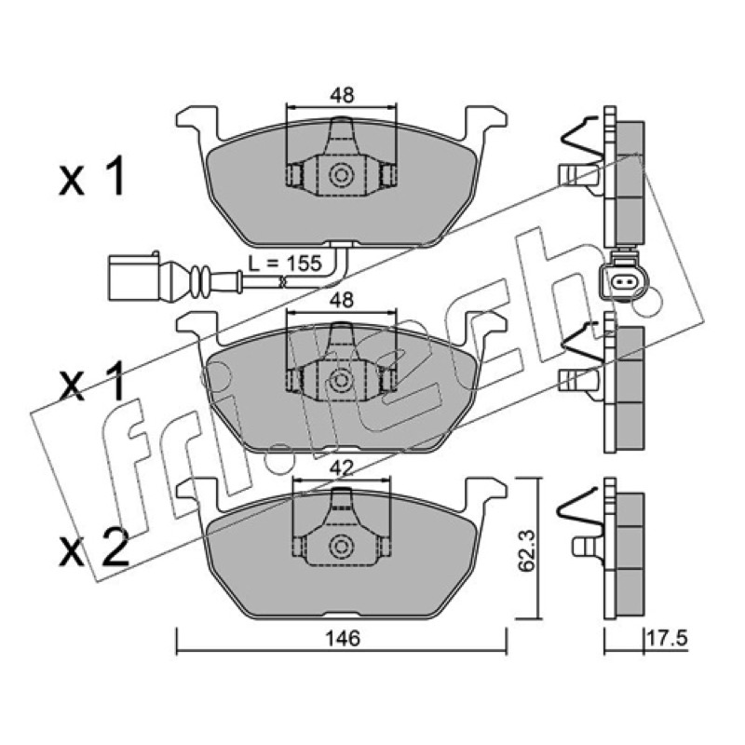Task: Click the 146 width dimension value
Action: click(343, 638)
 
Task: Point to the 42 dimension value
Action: click(342, 469)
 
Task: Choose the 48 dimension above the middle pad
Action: click(342, 300)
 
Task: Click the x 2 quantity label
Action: click(94, 551)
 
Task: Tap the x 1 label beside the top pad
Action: click(91, 177)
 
